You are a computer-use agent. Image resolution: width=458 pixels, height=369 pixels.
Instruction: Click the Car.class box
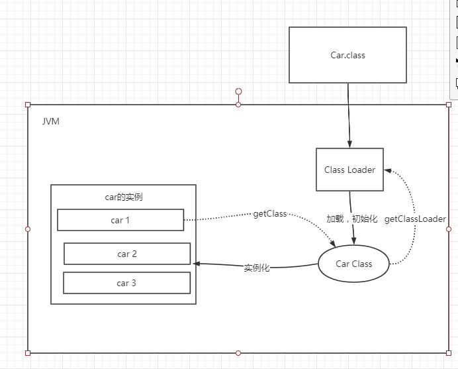tap(347, 55)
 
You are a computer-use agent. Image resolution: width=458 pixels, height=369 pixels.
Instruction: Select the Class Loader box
tap(349, 170)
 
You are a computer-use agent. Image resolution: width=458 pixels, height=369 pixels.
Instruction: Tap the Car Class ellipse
tap(354, 264)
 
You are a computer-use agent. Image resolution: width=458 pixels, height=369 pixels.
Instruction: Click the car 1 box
tap(120, 220)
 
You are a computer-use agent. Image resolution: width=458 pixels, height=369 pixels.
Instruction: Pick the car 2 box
tap(127, 254)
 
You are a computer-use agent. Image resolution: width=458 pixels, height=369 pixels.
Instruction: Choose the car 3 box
tap(126, 283)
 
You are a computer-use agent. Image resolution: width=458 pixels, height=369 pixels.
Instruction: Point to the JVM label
tap(51, 122)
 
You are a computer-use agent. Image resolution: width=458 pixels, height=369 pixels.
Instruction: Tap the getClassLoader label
tap(415, 219)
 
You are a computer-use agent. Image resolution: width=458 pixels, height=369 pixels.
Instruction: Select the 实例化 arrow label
tap(257, 268)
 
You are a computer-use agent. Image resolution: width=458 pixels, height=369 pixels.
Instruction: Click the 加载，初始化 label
tap(351, 219)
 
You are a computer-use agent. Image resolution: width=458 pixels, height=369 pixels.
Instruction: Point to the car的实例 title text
tap(124, 197)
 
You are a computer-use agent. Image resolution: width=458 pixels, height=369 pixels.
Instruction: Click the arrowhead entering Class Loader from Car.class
tap(349, 144)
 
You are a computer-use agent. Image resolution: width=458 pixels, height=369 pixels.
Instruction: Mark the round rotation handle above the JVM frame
tap(238, 91)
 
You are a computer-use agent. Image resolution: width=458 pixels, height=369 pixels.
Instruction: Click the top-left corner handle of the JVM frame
tap(28, 105)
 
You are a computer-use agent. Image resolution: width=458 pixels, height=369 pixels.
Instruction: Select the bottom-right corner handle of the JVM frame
tap(449, 353)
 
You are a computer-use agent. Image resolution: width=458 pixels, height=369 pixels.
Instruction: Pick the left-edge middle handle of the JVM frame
tap(28, 229)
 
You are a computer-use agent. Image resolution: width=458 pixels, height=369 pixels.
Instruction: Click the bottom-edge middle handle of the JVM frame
tap(238, 353)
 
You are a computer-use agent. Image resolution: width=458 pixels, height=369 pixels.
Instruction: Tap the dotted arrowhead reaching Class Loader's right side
tap(387, 170)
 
